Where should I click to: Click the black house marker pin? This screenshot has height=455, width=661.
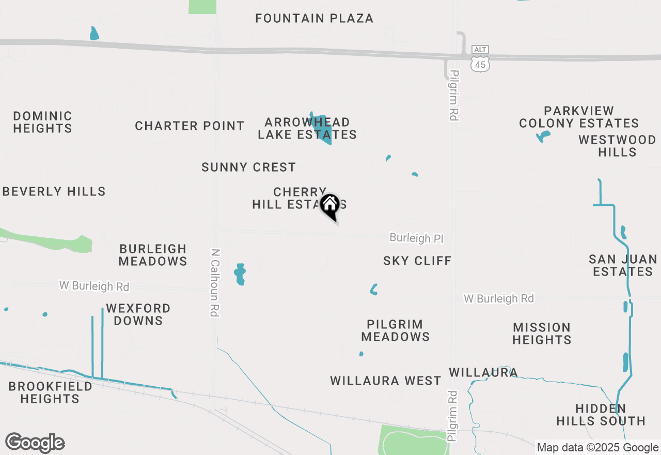tap(330, 205)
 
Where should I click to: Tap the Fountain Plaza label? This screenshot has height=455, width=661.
tap(314, 19)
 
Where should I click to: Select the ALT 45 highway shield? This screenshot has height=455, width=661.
tap(480, 58)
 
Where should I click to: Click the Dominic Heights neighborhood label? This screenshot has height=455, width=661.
tap(42, 122)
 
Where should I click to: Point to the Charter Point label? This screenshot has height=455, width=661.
tap(190, 126)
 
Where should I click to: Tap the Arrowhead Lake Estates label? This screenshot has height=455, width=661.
tap(307, 129)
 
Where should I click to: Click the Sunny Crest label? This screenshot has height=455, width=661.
tap(248, 167)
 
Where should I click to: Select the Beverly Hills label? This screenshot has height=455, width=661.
tap(54, 191)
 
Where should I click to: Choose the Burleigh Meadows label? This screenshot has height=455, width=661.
tap(153, 255)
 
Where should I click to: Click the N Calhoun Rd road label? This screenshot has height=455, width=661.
tap(215, 282)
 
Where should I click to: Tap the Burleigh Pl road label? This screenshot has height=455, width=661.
tap(416, 238)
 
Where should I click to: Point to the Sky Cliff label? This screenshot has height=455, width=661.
tap(417, 261)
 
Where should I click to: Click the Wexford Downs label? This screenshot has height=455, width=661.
tap(138, 314)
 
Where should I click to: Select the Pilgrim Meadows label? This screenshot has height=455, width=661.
tap(396, 330)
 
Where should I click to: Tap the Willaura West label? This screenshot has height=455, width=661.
tap(386, 381)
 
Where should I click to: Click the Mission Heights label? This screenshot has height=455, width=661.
tap(542, 333)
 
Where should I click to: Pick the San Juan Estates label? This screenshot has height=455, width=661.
tap(622, 265)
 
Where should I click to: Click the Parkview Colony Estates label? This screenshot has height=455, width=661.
tap(579, 117)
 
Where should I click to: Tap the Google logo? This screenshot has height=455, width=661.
tap(35, 443)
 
